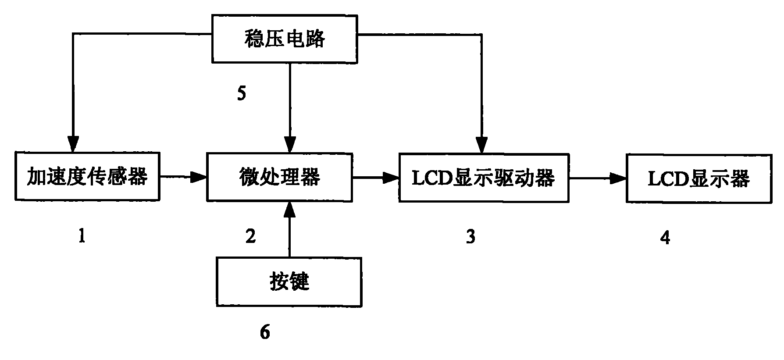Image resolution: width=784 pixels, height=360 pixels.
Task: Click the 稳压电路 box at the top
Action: pyautogui.click(x=284, y=39)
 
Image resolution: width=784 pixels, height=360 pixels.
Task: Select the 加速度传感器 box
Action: pyautogui.click(x=87, y=177)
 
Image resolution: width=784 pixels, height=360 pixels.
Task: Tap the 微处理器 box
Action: pyautogui.click(x=279, y=177)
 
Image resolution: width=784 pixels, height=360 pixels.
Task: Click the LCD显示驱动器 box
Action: pyautogui.click(x=484, y=178)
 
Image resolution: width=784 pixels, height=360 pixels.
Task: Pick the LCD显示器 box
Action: pyautogui.click(x=698, y=178)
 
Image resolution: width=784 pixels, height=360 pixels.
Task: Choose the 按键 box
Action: pyautogui.click(x=289, y=282)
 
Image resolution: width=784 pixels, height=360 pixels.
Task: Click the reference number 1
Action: pyautogui.click(x=82, y=237)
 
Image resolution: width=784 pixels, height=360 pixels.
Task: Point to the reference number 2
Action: pyautogui.click(x=250, y=237)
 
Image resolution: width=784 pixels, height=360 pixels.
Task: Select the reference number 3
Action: pyautogui.click(x=470, y=237)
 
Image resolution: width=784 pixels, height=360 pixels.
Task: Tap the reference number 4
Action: pyautogui.click(x=665, y=238)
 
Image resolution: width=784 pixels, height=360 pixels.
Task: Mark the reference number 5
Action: pyautogui.click(x=242, y=94)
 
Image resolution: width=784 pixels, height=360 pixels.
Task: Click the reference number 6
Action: pyautogui.click(x=265, y=332)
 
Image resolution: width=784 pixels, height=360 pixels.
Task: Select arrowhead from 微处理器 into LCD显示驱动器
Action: pyautogui.click(x=392, y=178)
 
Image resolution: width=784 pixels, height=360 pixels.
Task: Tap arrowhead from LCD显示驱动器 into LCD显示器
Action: pyautogui.click(x=619, y=178)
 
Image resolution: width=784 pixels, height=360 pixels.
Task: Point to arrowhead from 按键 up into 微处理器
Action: pyautogui.click(x=289, y=210)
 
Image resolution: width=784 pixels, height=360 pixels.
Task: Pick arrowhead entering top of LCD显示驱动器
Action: pyautogui.click(x=482, y=145)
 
